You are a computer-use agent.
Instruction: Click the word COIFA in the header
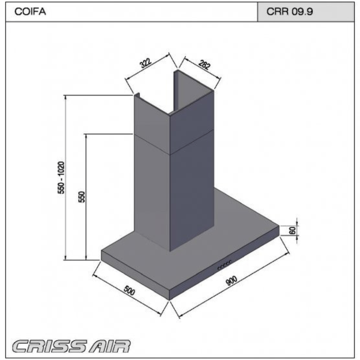pyautogui.click(x=30, y=11)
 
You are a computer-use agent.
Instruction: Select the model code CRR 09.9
pyautogui.click(x=290, y=11)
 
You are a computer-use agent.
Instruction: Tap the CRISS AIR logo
pyautogui.click(x=71, y=346)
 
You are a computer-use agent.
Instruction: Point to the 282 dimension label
pyautogui.click(x=204, y=65)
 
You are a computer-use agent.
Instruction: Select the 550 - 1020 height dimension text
pyautogui.click(x=61, y=177)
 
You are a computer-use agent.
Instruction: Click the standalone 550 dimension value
pyautogui.click(x=82, y=197)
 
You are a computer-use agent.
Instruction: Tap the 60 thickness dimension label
pyautogui.click(x=293, y=230)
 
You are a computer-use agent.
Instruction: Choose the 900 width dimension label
pyautogui.click(x=231, y=281)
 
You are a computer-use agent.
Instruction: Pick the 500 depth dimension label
pyautogui.click(x=129, y=290)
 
